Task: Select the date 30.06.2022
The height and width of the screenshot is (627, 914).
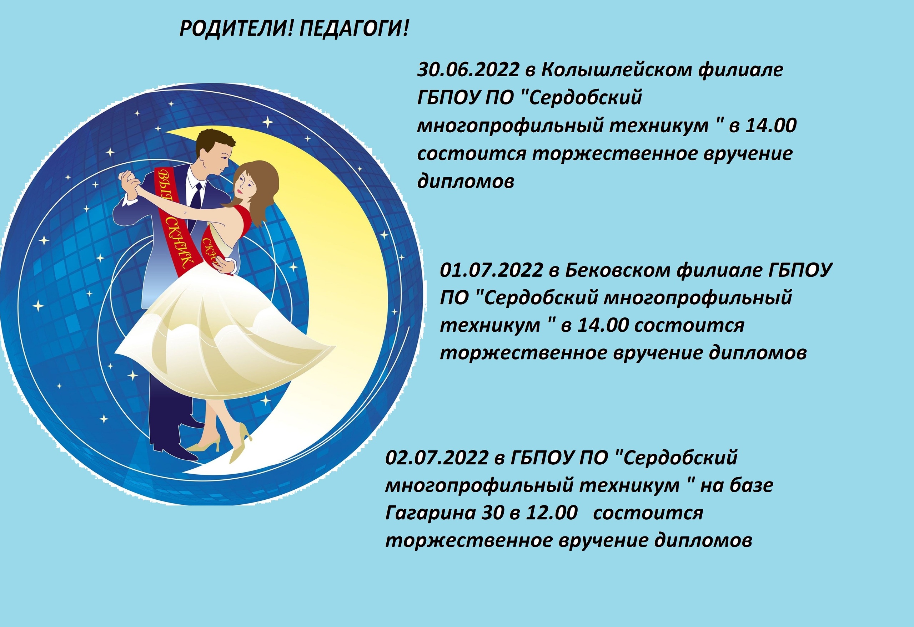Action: (468, 70)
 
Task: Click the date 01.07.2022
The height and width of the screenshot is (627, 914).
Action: (491, 270)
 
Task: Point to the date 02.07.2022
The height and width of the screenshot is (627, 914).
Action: (437, 458)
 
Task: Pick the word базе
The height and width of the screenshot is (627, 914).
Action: (751, 485)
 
